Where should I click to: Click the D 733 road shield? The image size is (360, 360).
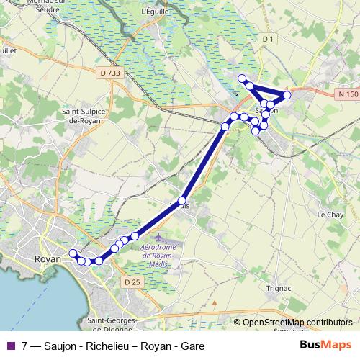[110, 72]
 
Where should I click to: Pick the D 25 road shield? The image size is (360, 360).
[132, 283]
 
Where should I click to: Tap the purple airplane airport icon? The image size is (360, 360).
[158, 238]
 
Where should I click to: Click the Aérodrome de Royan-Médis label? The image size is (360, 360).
[166, 255]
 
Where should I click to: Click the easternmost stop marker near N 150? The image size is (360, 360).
[287, 95]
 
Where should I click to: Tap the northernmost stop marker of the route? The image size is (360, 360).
[243, 78]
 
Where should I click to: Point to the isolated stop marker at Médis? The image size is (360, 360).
[182, 201]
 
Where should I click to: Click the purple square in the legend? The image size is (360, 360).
[10, 346]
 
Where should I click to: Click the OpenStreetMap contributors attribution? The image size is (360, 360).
[297, 323]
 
